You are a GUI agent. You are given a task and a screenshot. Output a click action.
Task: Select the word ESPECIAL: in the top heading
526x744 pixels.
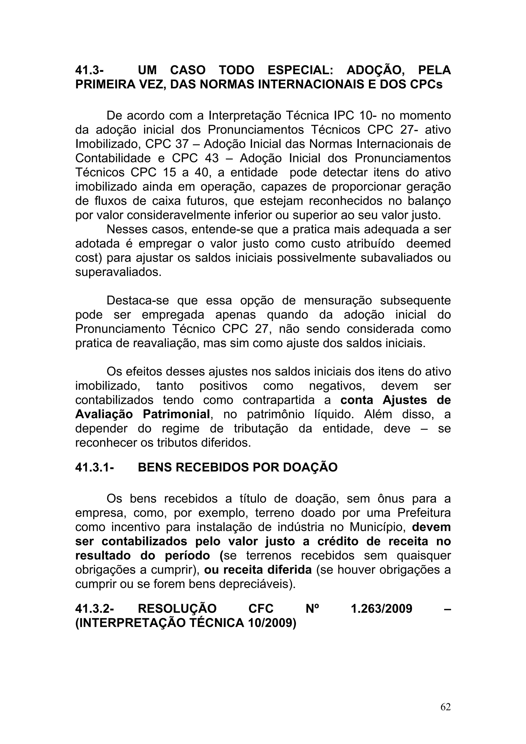[x=302, y=70]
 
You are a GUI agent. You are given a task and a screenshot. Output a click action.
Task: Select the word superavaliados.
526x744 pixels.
[x=118, y=272]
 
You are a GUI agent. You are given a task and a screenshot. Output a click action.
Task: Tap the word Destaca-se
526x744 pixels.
[x=138, y=300]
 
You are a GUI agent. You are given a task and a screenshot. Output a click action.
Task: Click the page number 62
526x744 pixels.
[x=446, y=707]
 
